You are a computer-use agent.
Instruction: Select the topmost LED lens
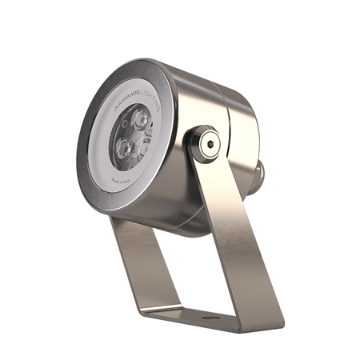coord(141,121)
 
